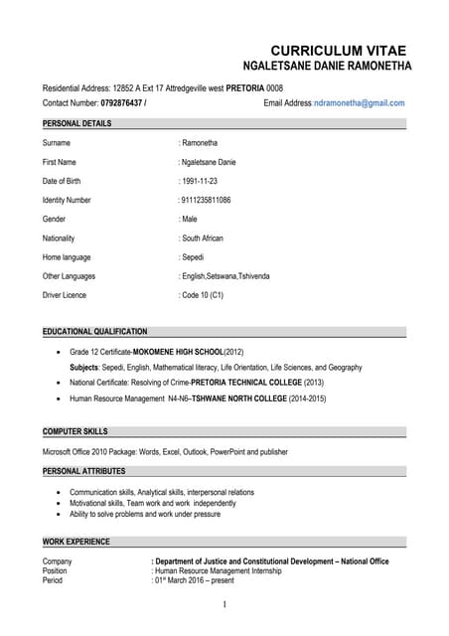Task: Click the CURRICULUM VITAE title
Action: point(338,51)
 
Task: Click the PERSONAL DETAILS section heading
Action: point(77,124)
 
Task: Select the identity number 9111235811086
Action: point(206,200)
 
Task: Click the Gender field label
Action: point(56,219)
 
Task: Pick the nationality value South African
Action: point(202,238)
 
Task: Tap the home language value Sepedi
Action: point(193,257)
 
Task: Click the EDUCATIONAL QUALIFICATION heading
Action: point(95,332)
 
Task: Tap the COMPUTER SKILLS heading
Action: point(75,432)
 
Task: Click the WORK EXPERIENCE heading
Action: point(76,542)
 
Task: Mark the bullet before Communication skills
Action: point(60,493)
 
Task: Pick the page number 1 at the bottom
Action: point(224,605)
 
